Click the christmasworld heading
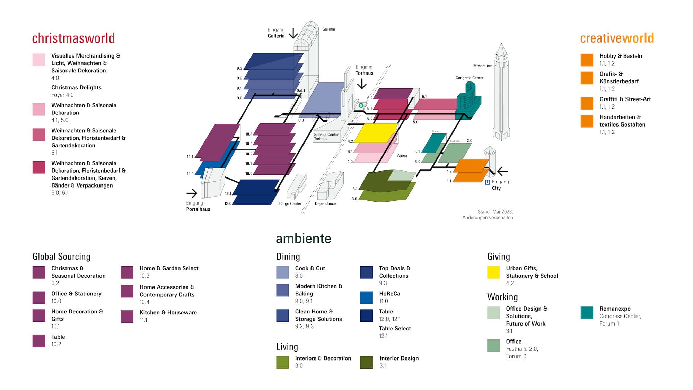pos(73,38)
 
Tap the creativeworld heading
pos(617,38)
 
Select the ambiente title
pos(303,239)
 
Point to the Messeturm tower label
pos(482,66)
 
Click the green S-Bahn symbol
pos(361,105)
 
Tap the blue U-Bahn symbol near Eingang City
pos(487,182)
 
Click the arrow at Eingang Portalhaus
pos(192,193)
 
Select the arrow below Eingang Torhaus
pos(362,84)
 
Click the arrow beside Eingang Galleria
pos(293,34)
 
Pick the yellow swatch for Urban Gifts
pos(493,272)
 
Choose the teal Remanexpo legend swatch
pos(587,313)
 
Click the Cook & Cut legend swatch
pos(282,272)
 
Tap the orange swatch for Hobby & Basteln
pos(587,60)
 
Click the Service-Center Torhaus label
pos(326,137)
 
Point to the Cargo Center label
pos(290,203)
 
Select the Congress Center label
pos(469,78)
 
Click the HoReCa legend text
pos(389,294)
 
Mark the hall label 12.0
pos(228,203)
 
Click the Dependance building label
pos(325,203)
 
